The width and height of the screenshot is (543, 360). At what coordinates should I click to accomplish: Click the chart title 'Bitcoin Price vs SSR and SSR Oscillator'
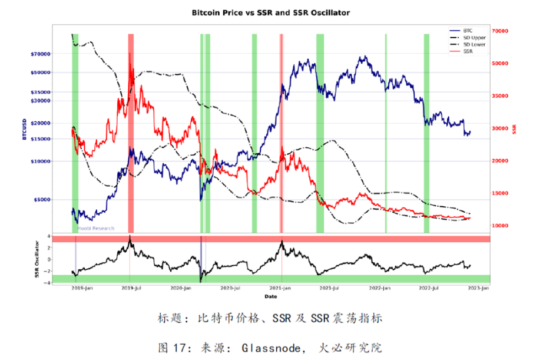(270, 12)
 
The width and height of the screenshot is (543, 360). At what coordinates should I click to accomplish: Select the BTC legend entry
(468, 29)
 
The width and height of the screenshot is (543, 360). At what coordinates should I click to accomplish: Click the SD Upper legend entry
(475, 37)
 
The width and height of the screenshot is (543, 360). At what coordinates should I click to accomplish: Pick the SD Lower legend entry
(475, 44)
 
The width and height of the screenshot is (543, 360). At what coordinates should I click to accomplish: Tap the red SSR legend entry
(468, 51)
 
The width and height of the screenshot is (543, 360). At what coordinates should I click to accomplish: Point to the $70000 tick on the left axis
(40, 54)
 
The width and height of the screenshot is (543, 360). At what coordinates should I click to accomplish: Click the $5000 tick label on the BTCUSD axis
(42, 199)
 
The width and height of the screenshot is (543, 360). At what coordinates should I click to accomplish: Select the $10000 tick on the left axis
(40, 161)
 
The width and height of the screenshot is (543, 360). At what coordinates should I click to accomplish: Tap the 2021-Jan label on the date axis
(282, 288)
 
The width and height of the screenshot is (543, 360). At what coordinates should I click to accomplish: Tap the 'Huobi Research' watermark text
(96, 228)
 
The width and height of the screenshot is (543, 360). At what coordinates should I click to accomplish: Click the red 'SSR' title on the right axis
(514, 129)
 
